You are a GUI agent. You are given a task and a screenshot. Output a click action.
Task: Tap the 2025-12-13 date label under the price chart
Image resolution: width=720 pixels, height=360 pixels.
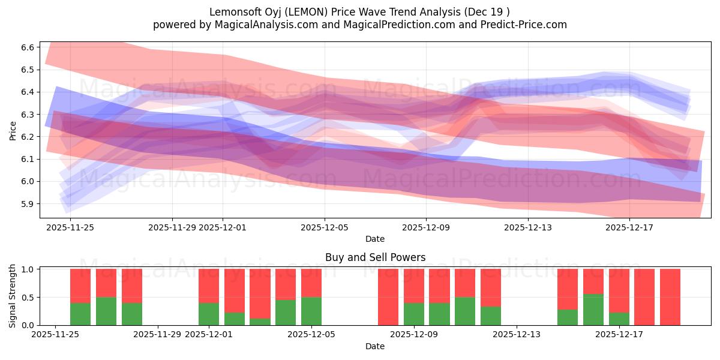click(x=527, y=227)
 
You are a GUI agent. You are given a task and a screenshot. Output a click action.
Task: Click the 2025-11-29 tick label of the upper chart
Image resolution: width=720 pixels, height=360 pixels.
click(x=172, y=227)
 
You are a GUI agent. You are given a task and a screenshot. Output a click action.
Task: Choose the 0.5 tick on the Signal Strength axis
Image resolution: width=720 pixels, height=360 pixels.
click(x=28, y=298)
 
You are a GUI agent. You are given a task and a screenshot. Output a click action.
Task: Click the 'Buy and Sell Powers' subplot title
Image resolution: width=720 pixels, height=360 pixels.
click(x=375, y=257)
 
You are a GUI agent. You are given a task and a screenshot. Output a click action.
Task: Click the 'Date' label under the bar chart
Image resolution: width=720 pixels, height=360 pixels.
click(x=375, y=346)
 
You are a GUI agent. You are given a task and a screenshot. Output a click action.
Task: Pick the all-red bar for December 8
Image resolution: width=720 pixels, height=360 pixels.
click(x=388, y=297)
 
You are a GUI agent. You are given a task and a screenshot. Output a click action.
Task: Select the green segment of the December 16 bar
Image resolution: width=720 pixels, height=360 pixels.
click(x=593, y=310)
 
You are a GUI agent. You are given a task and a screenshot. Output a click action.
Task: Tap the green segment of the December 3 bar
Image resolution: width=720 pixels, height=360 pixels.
click(x=260, y=322)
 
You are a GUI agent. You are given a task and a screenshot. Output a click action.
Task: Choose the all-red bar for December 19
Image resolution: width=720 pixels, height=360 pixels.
click(x=670, y=297)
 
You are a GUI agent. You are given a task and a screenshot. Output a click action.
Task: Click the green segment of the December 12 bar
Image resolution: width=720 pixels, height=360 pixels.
click(x=491, y=316)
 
